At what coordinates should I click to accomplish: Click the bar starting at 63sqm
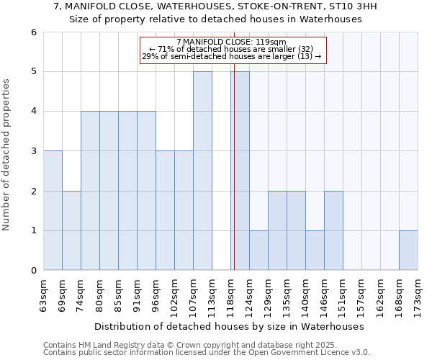(53, 210)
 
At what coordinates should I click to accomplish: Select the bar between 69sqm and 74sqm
(71, 230)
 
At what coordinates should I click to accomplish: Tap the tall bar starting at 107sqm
(202, 171)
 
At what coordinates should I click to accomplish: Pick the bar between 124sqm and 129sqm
(258, 251)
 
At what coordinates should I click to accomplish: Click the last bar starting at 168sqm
(408, 251)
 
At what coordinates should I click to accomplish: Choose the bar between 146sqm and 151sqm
(333, 230)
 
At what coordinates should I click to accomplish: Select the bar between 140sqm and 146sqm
(315, 251)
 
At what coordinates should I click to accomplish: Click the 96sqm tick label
(156, 294)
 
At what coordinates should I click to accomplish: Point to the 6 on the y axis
(33, 32)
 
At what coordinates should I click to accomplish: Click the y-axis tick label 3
(33, 151)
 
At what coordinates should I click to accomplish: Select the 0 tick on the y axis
(33, 271)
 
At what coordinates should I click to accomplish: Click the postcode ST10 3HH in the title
(357, 6)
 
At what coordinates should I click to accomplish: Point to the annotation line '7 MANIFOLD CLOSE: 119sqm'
(231, 42)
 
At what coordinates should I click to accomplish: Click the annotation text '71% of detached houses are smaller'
(231, 49)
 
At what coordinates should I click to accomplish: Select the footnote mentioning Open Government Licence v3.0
(206, 353)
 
